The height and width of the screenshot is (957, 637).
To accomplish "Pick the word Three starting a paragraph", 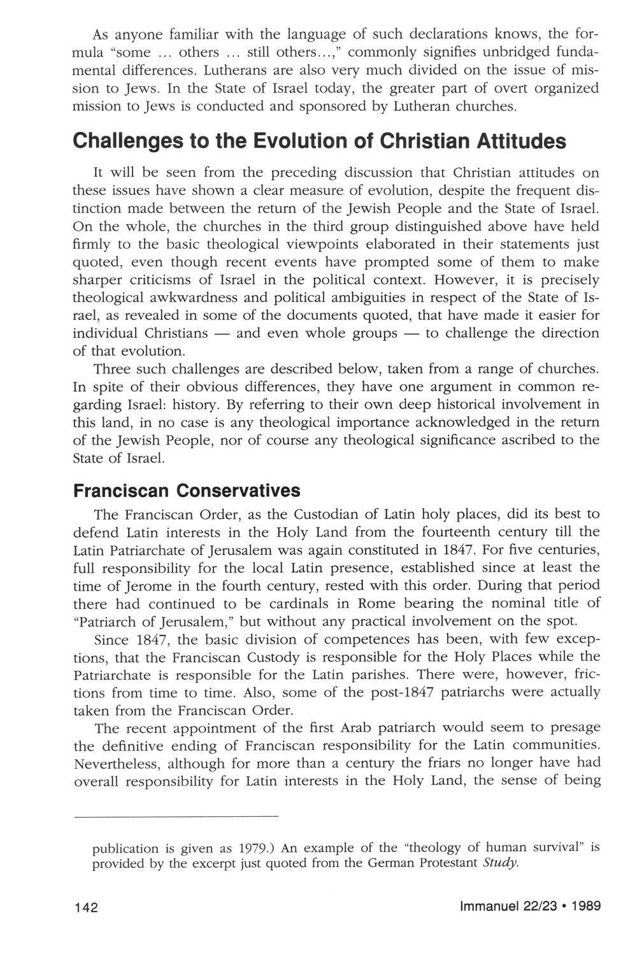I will (111, 370).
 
